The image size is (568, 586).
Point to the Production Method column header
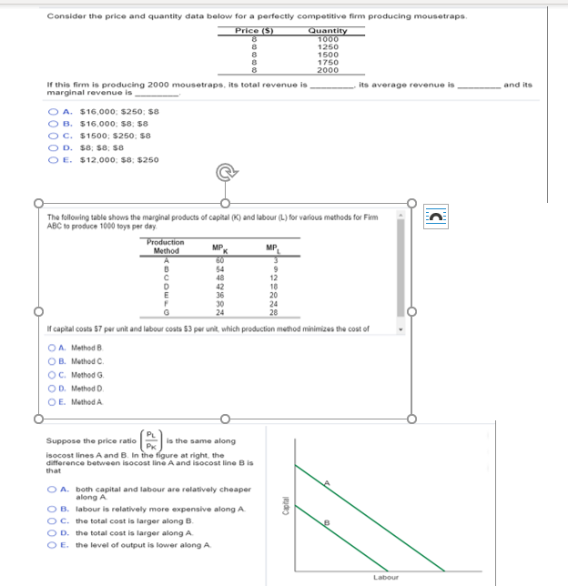point(166,247)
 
